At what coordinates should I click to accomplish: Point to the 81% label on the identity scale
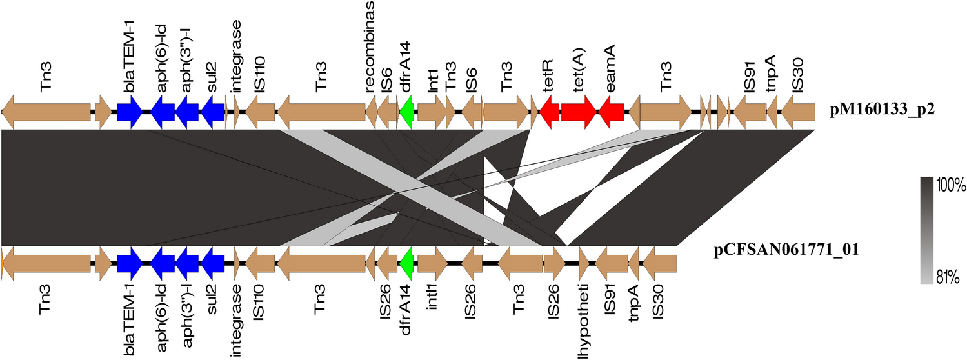[x=946, y=277]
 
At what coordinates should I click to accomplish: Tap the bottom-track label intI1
[x=432, y=307]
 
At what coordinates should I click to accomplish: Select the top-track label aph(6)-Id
[x=162, y=59]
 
